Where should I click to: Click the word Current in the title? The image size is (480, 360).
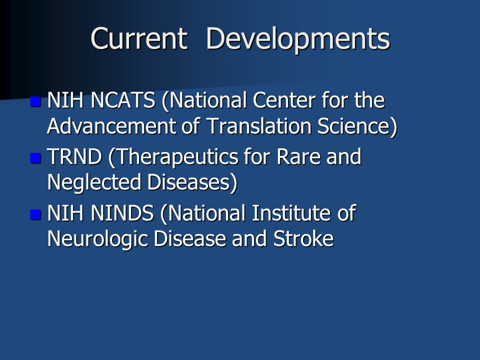[139, 38]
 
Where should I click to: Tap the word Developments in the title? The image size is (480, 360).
[298, 40]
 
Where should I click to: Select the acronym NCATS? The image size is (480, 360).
[123, 100]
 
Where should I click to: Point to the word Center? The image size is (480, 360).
[284, 100]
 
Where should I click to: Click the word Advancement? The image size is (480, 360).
[111, 126]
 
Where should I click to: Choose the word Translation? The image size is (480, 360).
[259, 126]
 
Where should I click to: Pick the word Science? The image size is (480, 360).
[354, 126]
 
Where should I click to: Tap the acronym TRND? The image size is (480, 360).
[74, 156]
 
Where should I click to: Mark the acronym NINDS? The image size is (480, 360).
[122, 213]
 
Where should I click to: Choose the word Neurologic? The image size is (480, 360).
[97, 239]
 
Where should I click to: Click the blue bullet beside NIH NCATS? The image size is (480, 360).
[35, 101]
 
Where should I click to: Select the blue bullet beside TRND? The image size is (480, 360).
[35, 158]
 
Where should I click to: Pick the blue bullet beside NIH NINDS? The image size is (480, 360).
[35, 214]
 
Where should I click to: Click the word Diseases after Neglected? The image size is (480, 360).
[188, 182]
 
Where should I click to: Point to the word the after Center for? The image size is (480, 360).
[369, 100]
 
